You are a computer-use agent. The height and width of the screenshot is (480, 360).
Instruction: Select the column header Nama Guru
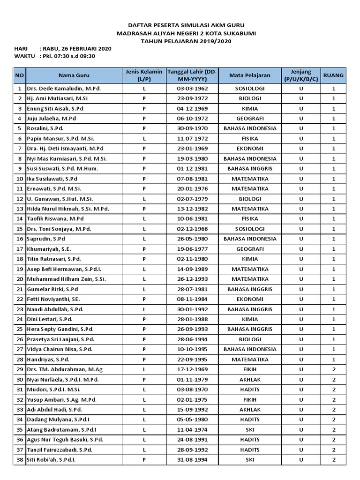[74, 75]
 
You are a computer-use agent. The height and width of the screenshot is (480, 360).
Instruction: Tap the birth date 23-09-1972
[189, 98]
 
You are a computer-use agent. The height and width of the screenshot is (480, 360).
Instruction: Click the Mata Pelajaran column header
[250, 75]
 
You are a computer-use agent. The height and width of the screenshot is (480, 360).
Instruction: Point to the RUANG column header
[334, 75]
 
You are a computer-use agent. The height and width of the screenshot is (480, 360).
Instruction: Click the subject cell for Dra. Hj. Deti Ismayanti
[250, 149]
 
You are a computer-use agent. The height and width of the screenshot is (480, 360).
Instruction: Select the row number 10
[20, 179]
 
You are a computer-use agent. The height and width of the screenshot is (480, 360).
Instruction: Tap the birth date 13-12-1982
[189, 209]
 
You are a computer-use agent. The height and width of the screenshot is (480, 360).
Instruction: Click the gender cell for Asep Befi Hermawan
[144, 270]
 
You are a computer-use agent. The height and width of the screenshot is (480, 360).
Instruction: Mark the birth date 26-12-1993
[189, 279]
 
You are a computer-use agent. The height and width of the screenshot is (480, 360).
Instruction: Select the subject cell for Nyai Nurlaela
[250, 380]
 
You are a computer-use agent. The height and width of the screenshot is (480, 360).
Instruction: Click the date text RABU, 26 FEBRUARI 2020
[78, 48]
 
